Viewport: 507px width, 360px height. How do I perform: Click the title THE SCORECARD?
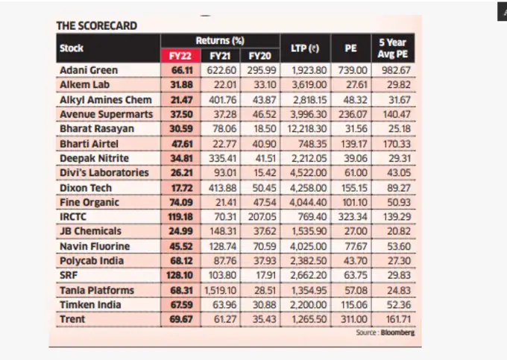tap(97, 25)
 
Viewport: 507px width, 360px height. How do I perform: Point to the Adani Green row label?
tap(89, 71)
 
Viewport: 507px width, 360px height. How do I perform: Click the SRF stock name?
tap(69, 275)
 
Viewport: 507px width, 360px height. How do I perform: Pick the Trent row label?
tap(72, 319)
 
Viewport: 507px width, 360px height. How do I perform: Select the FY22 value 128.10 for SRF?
tap(180, 275)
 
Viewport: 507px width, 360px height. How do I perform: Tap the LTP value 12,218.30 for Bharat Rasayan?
tap(305, 129)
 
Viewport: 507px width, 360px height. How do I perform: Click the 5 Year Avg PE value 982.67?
tap(397, 71)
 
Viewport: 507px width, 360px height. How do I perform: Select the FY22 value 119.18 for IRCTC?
tap(180, 217)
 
